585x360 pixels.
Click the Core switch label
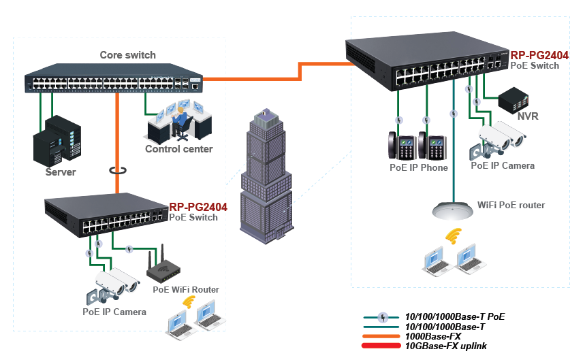point(127,55)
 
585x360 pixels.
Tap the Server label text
point(61,172)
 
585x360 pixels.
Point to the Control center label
point(178,149)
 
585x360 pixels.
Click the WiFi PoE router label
point(511,204)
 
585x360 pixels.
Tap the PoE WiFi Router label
point(186,290)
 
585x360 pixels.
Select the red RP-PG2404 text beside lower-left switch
point(197,207)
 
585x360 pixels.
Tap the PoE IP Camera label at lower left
point(114,312)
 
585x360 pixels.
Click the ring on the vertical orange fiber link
point(118,170)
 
